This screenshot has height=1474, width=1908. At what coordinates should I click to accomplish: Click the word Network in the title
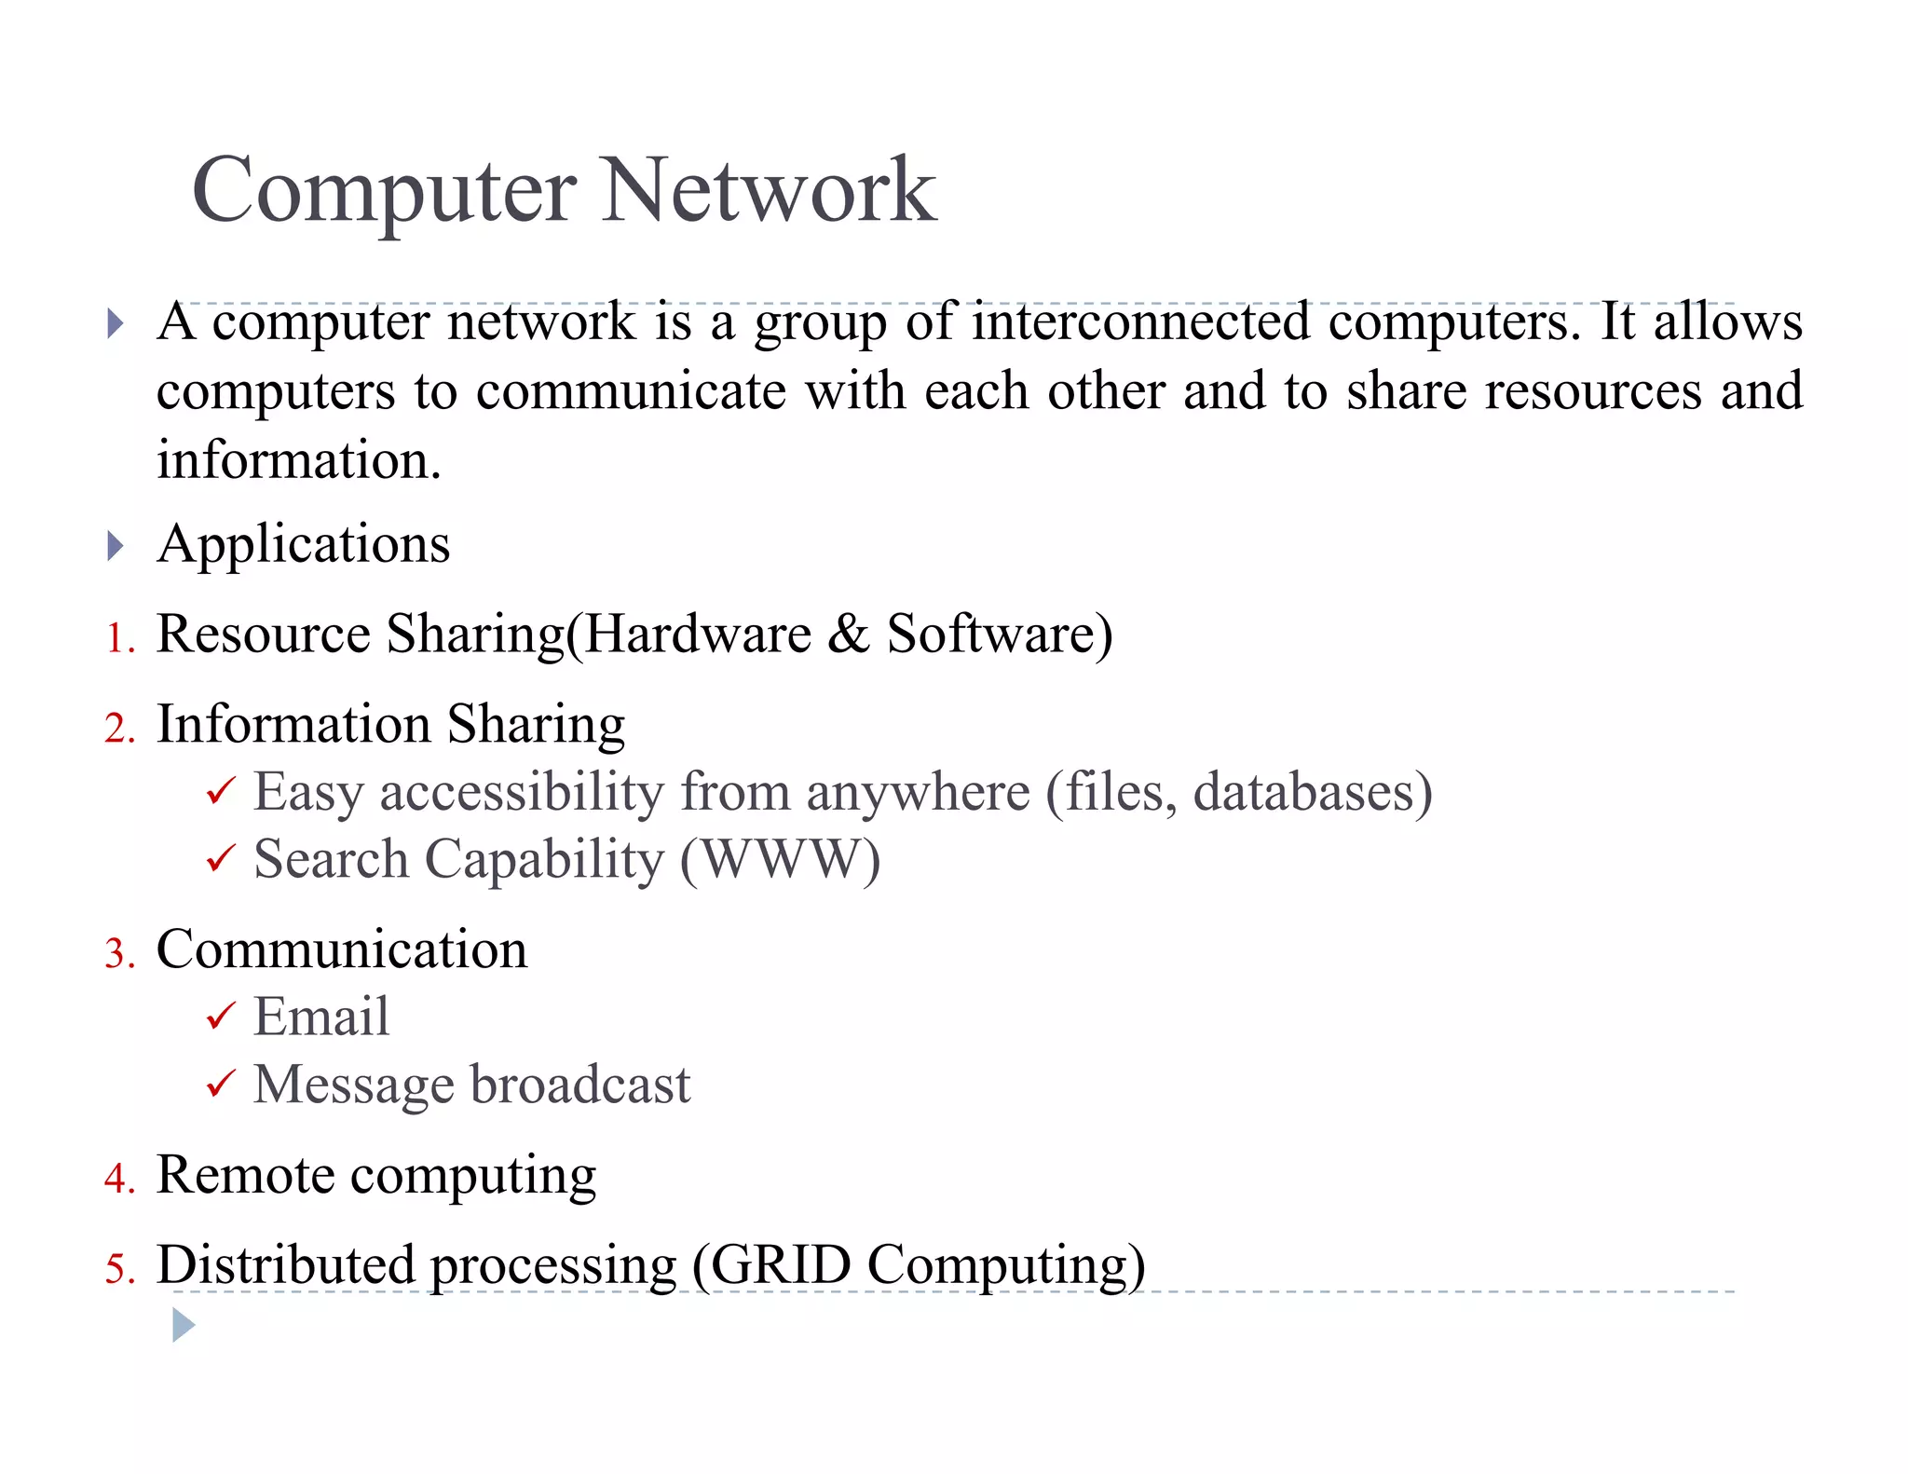pyautogui.click(x=769, y=191)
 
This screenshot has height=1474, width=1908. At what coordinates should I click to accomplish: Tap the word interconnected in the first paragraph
pyautogui.click(x=1141, y=322)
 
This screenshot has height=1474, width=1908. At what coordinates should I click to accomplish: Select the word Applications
pyautogui.click(x=304, y=544)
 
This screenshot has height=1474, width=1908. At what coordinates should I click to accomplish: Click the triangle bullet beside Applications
pyautogui.click(x=116, y=546)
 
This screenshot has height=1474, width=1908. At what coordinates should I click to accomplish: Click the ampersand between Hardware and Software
pyautogui.click(x=848, y=635)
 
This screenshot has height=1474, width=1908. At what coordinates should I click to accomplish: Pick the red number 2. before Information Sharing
pyautogui.click(x=119, y=729)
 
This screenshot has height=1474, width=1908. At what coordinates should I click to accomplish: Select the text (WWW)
pyautogui.click(x=780, y=860)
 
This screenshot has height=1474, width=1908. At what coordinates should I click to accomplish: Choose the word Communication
pyautogui.click(x=342, y=950)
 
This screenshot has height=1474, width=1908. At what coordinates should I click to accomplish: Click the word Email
pyautogui.click(x=321, y=1017)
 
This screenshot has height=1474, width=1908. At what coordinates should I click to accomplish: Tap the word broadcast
pyautogui.click(x=580, y=1085)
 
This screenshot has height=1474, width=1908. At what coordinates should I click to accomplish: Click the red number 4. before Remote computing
pyautogui.click(x=119, y=1180)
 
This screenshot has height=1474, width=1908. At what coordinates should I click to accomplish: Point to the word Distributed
pyautogui.click(x=285, y=1266)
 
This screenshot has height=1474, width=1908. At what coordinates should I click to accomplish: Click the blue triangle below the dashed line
pyautogui.click(x=184, y=1325)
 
